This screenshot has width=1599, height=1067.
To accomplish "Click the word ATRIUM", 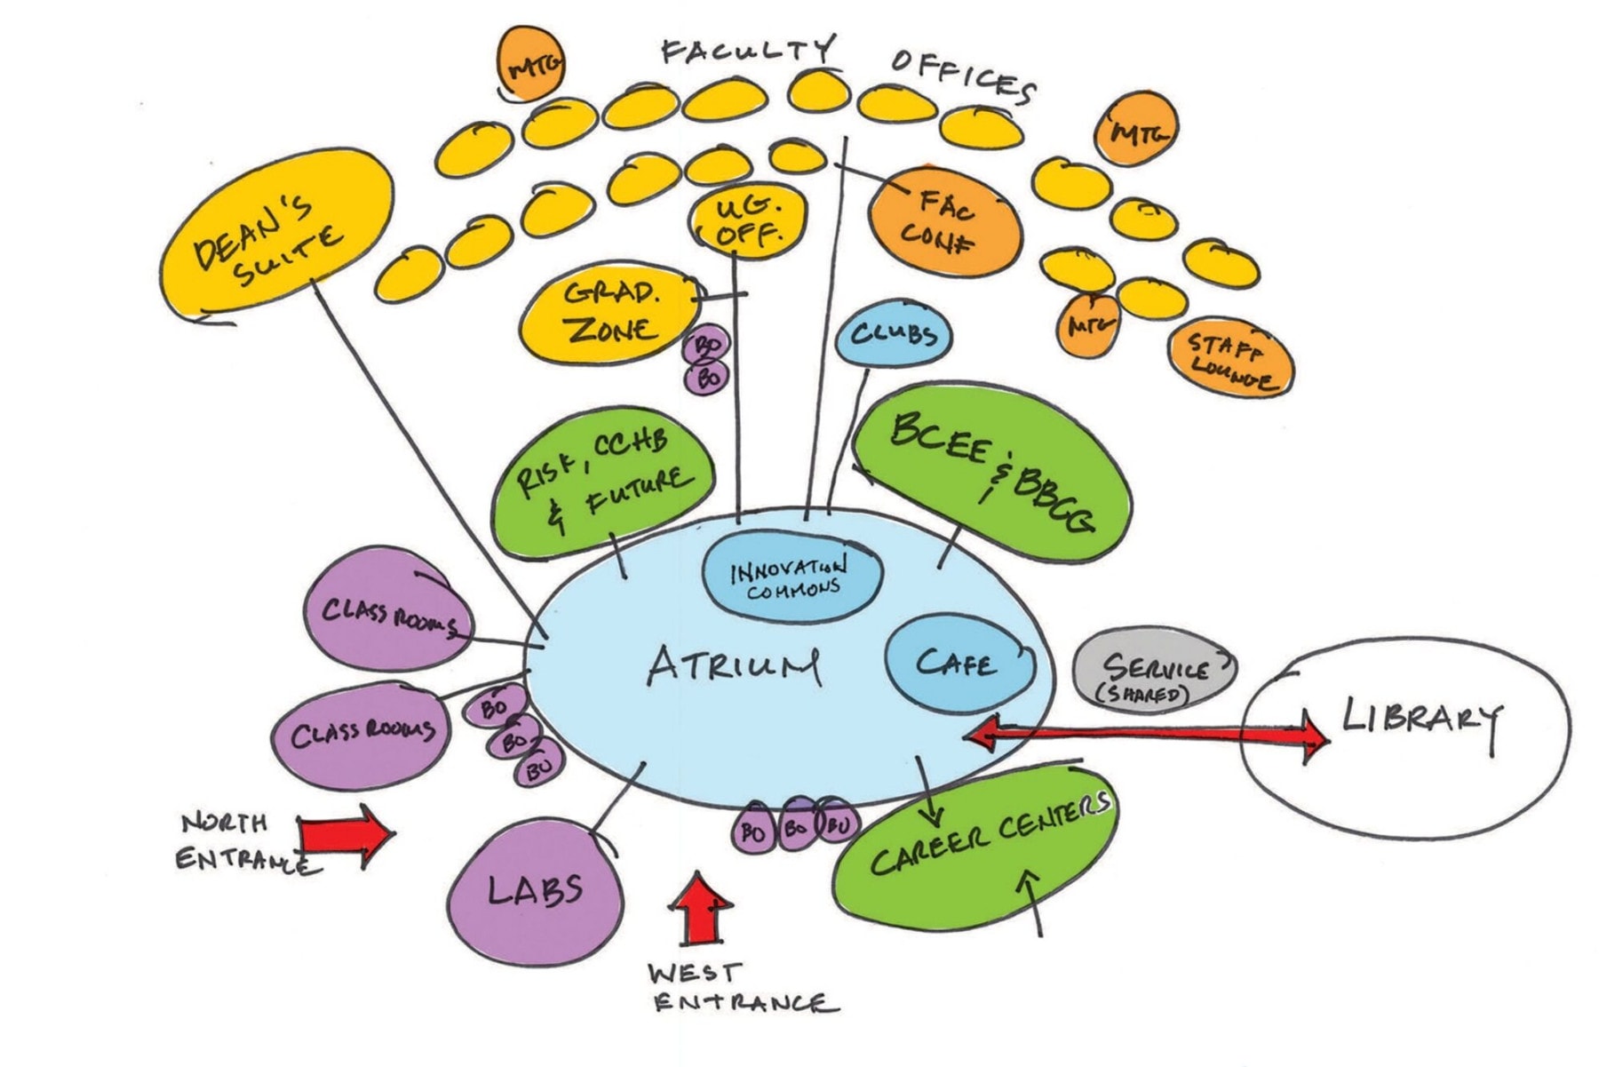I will click(x=734, y=666).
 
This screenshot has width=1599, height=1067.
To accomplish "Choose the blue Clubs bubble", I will click(x=894, y=336).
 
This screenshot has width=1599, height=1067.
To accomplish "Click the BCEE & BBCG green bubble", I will click(x=990, y=480).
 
